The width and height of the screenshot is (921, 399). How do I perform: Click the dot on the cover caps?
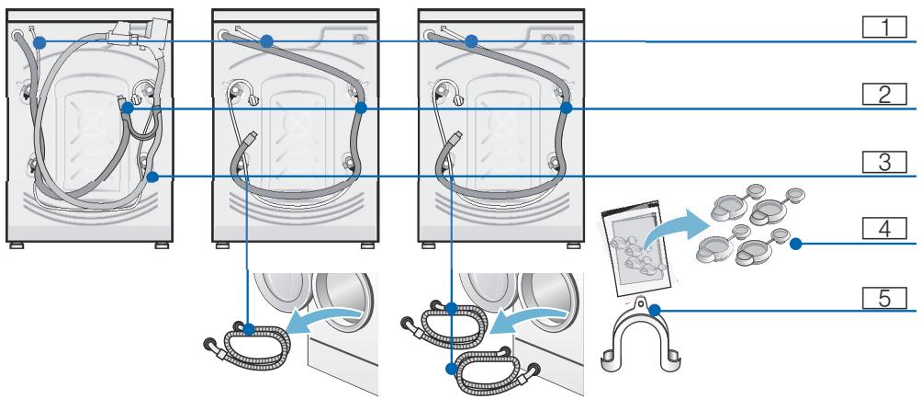click(x=796, y=244)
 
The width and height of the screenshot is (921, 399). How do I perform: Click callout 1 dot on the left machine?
click(x=28, y=42)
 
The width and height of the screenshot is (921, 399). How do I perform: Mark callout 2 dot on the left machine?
click(x=127, y=108)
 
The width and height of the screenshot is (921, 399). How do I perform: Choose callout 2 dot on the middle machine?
click(x=361, y=108)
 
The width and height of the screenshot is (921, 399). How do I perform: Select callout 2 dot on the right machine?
click(x=567, y=108)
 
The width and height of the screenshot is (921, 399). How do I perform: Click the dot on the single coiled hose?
click(x=248, y=325)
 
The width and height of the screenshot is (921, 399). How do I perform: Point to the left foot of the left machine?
click(x=17, y=245)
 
